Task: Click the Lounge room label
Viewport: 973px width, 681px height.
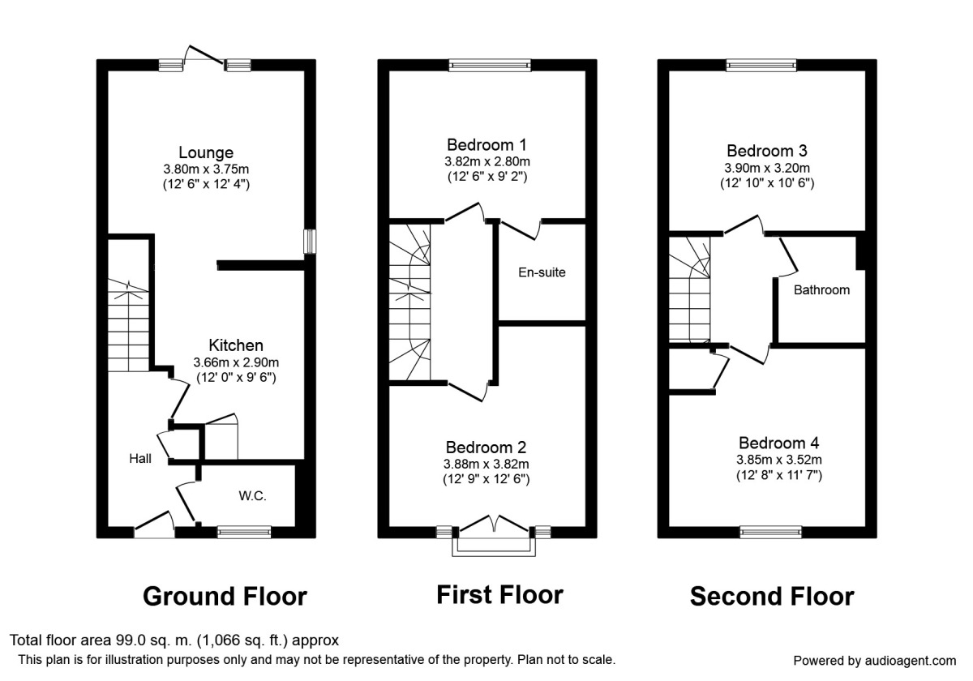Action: click(206, 152)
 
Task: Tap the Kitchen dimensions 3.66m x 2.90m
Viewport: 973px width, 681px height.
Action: click(236, 362)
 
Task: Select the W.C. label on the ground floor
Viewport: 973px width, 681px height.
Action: click(252, 495)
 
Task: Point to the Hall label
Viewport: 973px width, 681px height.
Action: click(140, 459)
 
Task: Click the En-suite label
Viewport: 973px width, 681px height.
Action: click(542, 272)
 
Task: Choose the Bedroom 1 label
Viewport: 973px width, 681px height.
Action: click(486, 145)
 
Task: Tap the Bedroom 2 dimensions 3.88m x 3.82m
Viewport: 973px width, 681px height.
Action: click(486, 464)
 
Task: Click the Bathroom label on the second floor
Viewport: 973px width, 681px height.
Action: click(821, 289)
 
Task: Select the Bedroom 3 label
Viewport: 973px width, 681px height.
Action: click(767, 151)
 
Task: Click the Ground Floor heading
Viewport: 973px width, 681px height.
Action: click(225, 597)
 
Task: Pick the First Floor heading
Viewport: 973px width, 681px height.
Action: click(499, 595)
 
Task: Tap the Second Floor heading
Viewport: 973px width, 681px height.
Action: click(772, 597)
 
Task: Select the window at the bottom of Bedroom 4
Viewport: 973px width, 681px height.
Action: click(769, 532)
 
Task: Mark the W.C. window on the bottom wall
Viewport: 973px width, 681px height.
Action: click(244, 532)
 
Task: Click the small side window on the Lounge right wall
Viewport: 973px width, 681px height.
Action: click(309, 242)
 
